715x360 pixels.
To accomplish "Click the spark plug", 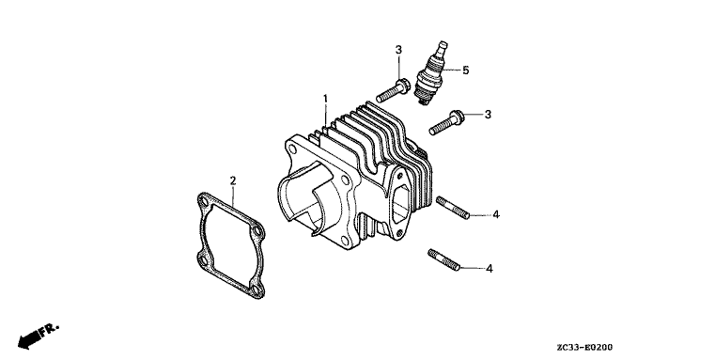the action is click(x=430, y=73).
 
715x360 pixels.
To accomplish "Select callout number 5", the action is click(x=466, y=70).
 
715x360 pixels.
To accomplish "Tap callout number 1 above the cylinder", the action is click(x=326, y=99).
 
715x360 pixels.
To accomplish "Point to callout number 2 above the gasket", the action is click(x=233, y=181).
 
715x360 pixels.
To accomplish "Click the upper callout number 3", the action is click(x=398, y=50).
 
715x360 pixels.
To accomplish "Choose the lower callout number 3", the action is click(x=488, y=115).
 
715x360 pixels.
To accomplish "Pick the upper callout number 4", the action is click(x=496, y=214).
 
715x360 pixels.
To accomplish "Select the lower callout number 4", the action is click(x=490, y=269).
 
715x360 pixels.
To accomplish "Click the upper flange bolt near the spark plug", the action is click(x=394, y=91).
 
